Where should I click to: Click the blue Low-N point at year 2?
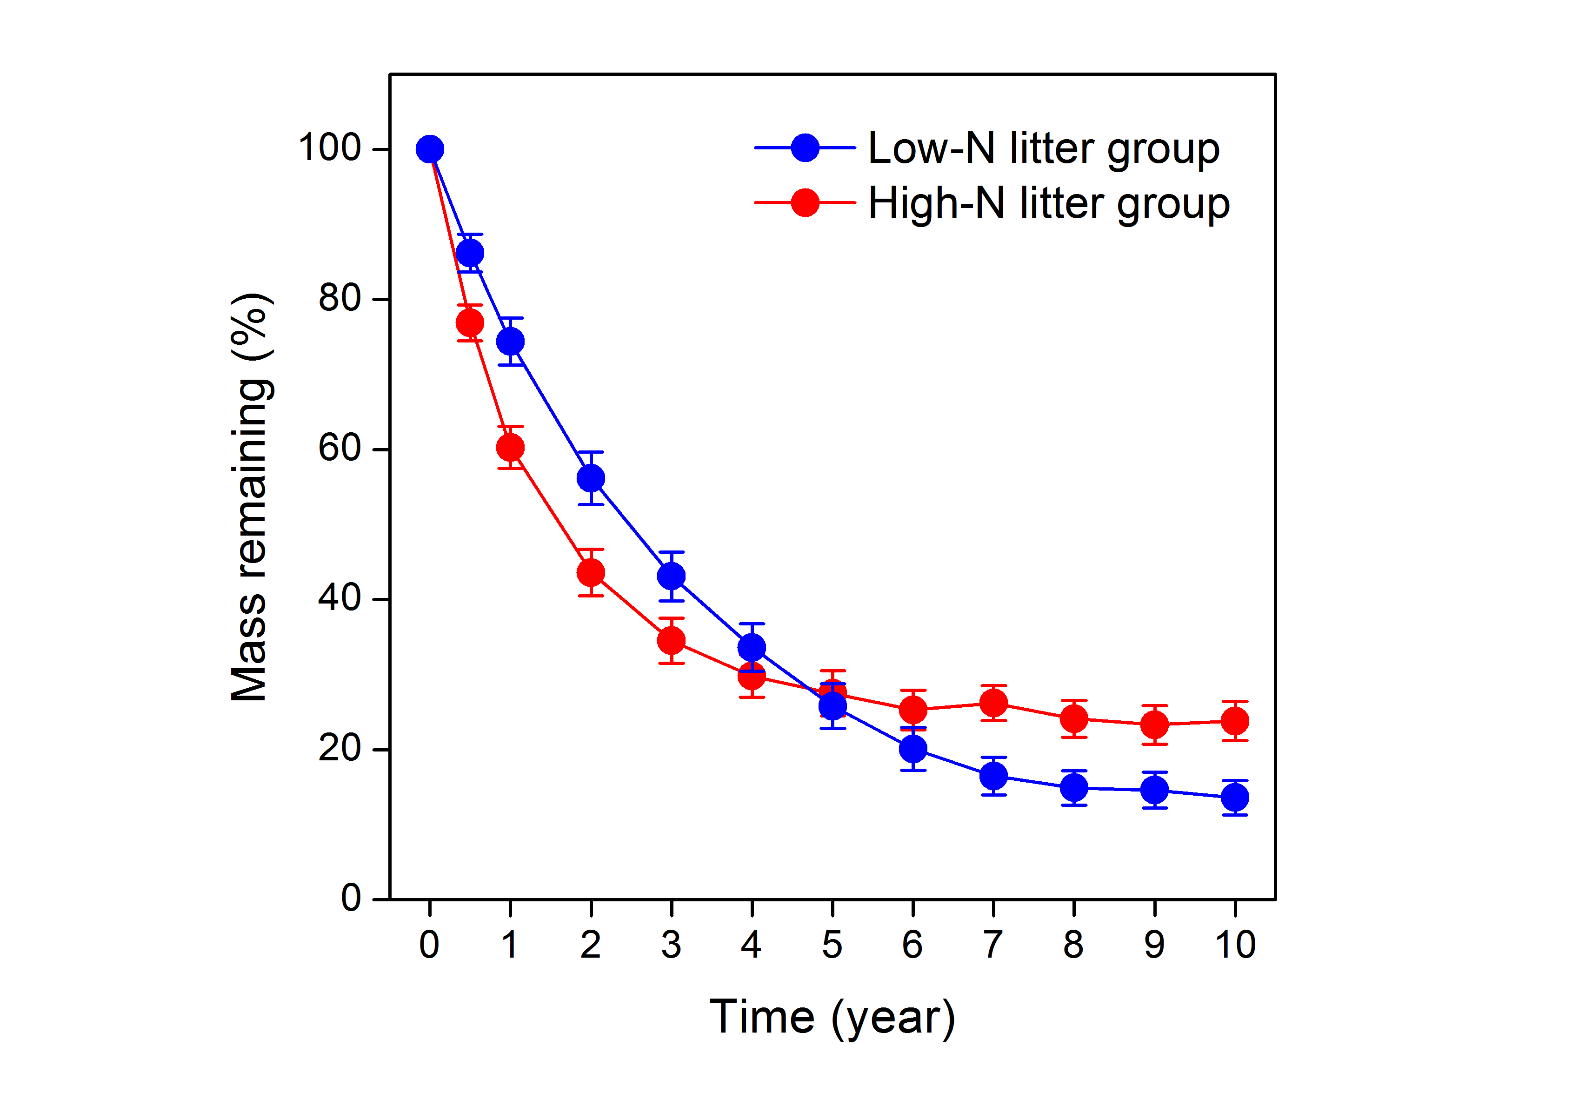point(591,478)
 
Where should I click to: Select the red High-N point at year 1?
point(510,448)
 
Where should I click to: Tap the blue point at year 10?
point(1235,798)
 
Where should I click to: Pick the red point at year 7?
point(993,703)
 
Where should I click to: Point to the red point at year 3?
point(671,641)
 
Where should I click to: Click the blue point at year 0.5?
point(470,254)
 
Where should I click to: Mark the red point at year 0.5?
point(470,322)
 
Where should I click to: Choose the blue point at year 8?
point(1074,788)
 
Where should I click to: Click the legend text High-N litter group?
point(1049,204)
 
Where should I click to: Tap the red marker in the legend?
point(805,203)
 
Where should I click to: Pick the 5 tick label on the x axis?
point(832,945)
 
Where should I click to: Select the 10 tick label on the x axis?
point(1235,945)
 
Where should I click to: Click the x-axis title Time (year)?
point(832,1017)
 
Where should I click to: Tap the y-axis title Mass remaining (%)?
point(250,497)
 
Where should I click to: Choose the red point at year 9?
point(1155,725)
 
